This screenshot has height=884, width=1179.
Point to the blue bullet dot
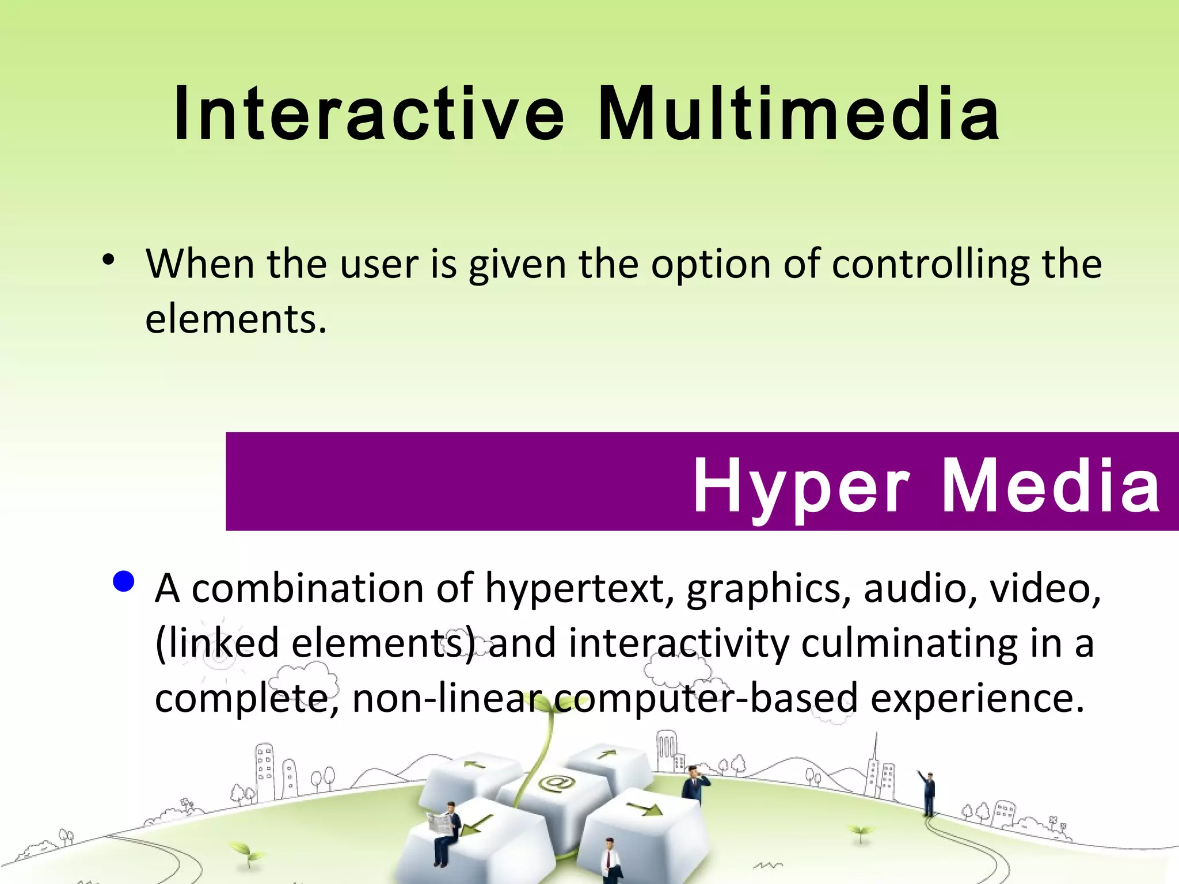tap(124, 582)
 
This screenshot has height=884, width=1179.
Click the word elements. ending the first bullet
tap(235, 319)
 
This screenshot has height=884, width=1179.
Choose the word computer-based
tap(706, 698)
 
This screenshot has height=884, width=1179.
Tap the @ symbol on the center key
tap(556, 783)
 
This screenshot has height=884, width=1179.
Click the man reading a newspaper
tap(446, 832)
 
